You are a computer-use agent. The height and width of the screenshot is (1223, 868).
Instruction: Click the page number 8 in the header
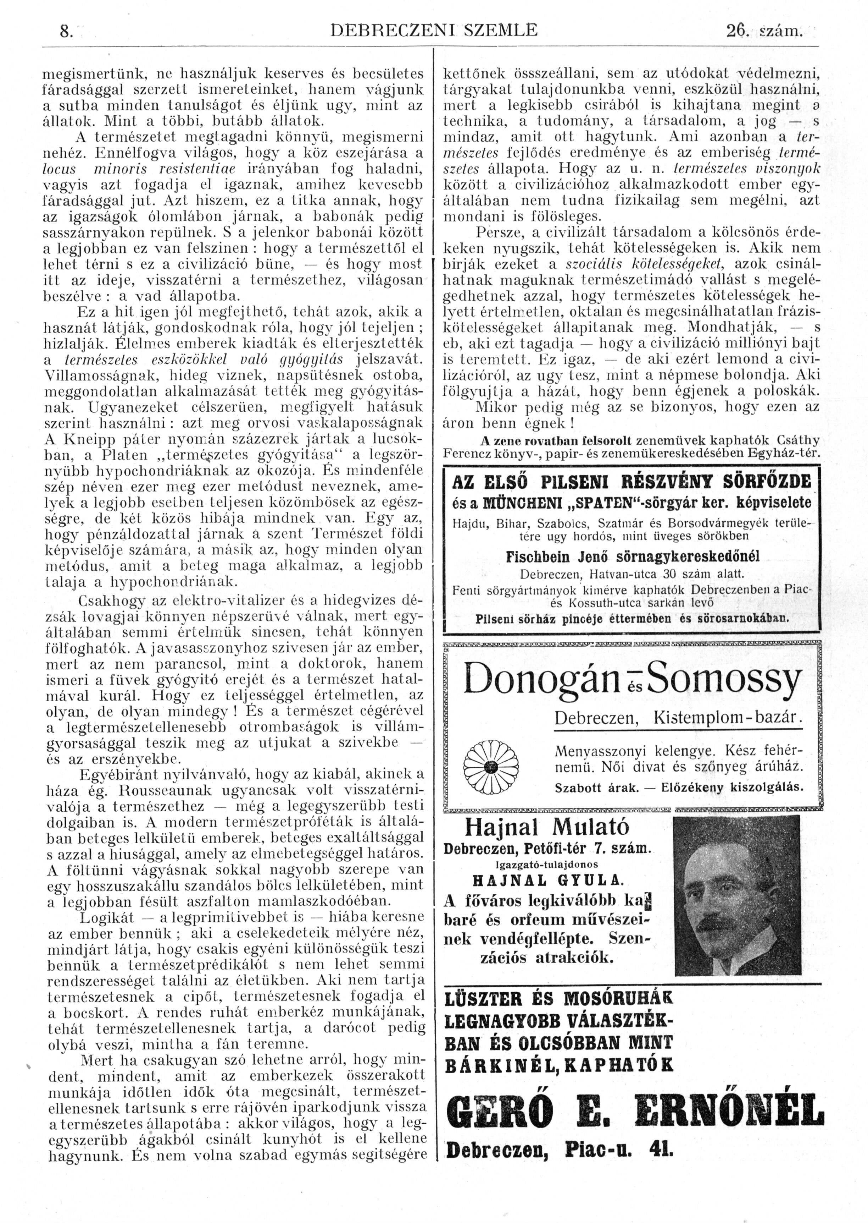pos(64,32)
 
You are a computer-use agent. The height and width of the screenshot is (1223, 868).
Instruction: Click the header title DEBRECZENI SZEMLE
pos(434,31)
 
